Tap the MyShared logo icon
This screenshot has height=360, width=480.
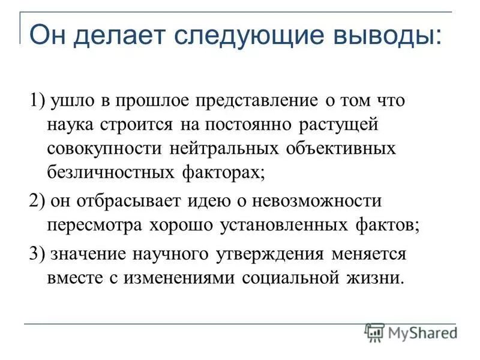point(375,332)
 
